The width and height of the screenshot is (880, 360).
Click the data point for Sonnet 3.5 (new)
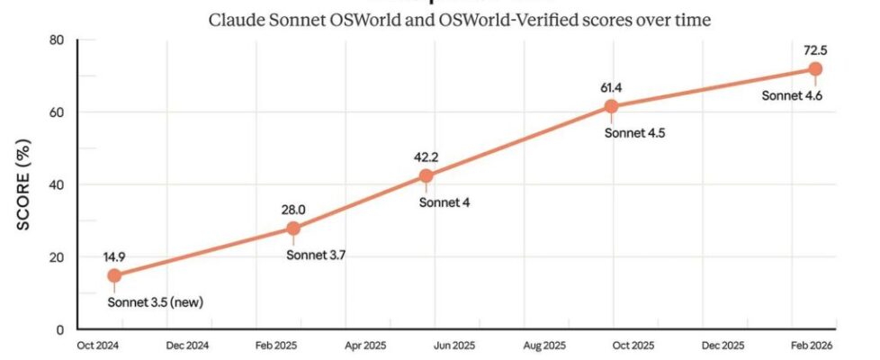tap(114, 275)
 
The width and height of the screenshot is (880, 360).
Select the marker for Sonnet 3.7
tap(293, 229)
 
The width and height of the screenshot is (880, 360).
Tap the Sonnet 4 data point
tap(426, 175)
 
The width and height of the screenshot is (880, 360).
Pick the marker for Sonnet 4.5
tap(612, 106)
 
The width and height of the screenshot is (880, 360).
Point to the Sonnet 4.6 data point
tap(815, 69)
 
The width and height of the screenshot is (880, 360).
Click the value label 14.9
tap(114, 255)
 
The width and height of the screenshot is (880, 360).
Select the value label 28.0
tap(293, 209)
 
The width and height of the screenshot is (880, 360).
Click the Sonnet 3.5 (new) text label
tap(155, 301)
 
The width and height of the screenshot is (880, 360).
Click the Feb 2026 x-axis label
tap(812, 346)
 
